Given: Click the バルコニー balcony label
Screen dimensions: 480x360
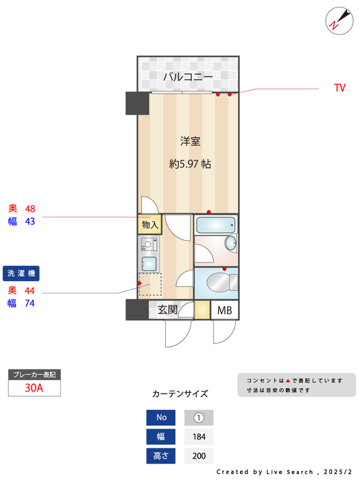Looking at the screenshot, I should (x=187, y=76).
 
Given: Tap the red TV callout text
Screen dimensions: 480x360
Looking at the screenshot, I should (x=339, y=88).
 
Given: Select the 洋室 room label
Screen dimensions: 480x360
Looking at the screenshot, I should (x=190, y=141).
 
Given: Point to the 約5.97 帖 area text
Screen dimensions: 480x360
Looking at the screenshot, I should (x=190, y=164).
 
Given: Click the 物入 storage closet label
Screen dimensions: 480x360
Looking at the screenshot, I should (x=149, y=225).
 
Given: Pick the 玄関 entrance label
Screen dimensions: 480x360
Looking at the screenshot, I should (x=168, y=310).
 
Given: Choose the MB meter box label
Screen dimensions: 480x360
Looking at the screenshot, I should (x=225, y=311).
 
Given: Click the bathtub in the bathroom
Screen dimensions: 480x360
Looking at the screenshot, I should (x=215, y=225).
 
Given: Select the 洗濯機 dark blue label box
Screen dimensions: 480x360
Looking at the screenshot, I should (x=23, y=273).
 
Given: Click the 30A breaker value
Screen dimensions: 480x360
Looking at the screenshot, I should (x=34, y=388).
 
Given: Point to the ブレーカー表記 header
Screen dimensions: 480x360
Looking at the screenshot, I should (x=34, y=374).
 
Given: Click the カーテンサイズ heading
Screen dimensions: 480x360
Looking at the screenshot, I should (x=180, y=394).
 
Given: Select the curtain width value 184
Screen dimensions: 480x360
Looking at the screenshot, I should (x=199, y=437).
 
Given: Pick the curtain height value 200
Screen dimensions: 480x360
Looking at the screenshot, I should (x=199, y=455).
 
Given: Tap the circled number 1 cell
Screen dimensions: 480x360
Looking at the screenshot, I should (x=199, y=418).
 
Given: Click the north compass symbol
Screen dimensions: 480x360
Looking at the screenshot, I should (x=335, y=19).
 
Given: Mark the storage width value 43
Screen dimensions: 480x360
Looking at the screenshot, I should (x=29, y=221).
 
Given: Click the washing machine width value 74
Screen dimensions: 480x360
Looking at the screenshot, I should (x=29, y=304).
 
